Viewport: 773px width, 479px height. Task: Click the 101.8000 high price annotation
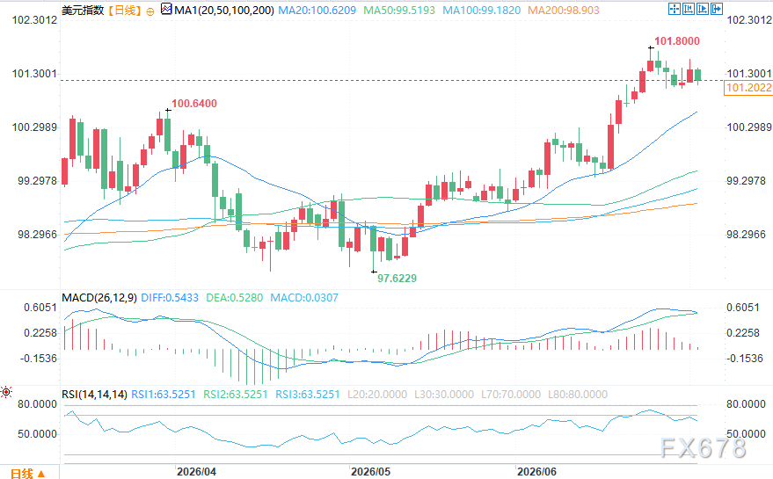click(x=677, y=41)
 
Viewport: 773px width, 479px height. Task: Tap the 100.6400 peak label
click(x=194, y=104)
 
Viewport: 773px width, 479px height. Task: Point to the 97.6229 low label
click(x=397, y=279)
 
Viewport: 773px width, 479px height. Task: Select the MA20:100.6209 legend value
click(x=317, y=10)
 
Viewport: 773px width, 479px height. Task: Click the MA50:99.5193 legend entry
click(x=399, y=10)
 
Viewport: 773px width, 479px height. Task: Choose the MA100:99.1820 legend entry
click(x=482, y=10)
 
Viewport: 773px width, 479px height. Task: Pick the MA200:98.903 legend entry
click(x=564, y=10)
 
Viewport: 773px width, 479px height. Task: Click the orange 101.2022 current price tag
click(x=748, y=88)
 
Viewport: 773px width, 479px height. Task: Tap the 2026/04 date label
click(x=196, y=472)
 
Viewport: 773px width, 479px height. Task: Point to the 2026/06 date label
click(x=536, y=472)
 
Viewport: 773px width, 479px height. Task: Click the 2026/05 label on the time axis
click(x=370, y=472)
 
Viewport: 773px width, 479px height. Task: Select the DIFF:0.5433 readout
click(x=170, y=298)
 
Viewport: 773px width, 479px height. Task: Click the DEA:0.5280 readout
click(x=234, y=298)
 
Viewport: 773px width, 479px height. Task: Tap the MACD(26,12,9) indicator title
click(x=99, y=298)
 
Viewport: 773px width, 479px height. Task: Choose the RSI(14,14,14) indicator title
click(x=94, y=395)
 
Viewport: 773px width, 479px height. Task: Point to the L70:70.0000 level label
click(x=511, y=395)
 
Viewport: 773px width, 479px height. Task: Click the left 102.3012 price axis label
click(x=34, y=20)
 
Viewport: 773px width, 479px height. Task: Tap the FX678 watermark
click(x=703, y=448)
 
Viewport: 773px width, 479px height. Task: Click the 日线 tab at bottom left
click(x=22, y=474)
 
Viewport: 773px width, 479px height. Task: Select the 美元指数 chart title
click(x=83, y=10)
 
